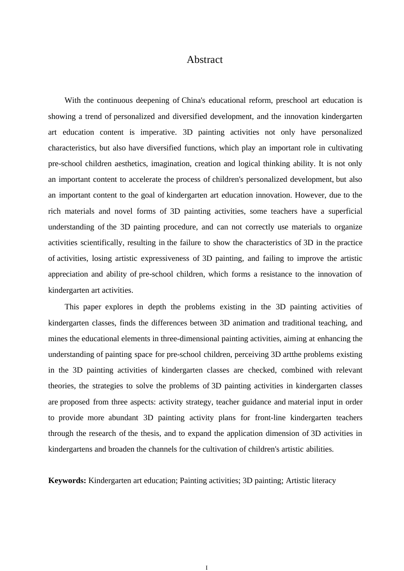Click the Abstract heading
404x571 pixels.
coord(205,60)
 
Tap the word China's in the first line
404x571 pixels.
coord(193,101)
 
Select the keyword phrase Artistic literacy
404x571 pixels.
coord(310,481)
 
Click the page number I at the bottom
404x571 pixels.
coord(207,567)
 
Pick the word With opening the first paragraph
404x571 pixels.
coord(72,101)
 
